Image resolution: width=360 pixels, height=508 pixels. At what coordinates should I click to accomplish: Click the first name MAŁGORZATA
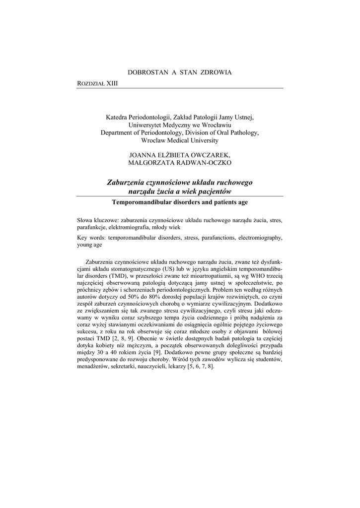pos(149,163)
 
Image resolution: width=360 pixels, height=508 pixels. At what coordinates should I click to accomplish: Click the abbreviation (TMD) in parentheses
pos(118,276)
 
